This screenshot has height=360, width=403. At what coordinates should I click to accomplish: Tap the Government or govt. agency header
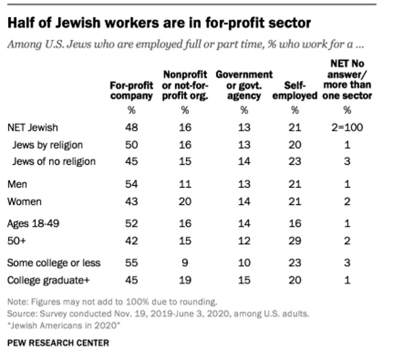pos(244,85)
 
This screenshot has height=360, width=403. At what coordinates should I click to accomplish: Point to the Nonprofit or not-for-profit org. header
pos(185,85)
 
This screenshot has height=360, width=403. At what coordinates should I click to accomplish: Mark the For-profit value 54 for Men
pos(131,184)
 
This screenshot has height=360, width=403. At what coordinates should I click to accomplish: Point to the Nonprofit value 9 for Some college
pos(185,263)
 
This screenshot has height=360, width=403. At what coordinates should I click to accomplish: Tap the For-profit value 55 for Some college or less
pos(131,263)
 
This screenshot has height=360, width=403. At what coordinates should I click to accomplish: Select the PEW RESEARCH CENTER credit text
pos(58,343)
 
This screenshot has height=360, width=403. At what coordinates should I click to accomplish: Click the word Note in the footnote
pos(17,301)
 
